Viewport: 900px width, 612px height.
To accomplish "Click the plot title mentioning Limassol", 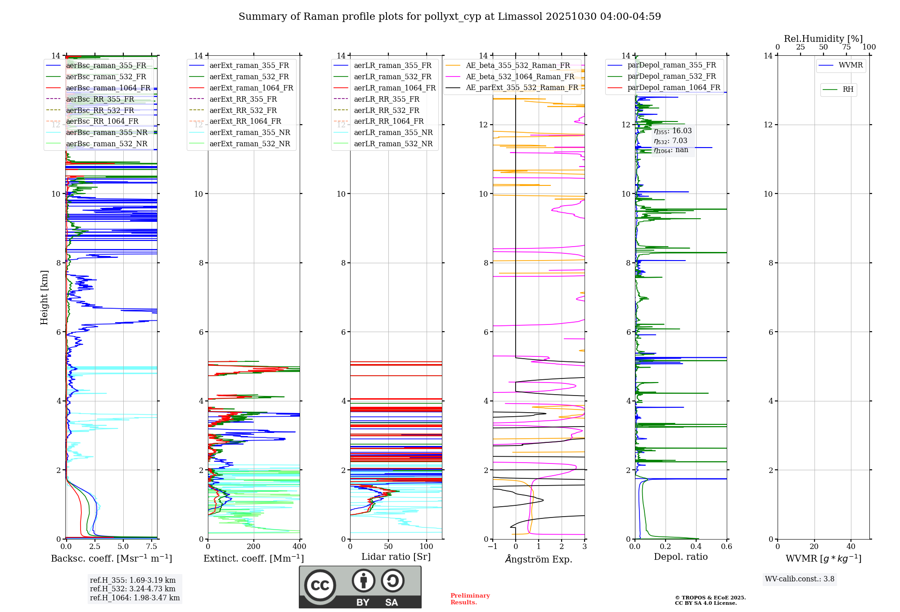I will (x=450, y=17).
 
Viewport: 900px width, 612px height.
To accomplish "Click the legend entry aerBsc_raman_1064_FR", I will (x=108, y=88).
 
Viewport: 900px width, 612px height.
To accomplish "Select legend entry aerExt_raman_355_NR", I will (x=250, y=132).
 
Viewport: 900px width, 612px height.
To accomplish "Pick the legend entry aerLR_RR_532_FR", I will (x=387, y=110).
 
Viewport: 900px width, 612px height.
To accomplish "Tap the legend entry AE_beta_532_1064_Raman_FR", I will (x=520, y=76).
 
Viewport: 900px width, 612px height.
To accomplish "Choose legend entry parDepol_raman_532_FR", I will (x=671, y=76).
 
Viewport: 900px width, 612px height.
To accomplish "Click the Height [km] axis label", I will (x=44, y=297).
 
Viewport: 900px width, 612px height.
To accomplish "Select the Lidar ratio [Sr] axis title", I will (x=396, y=557).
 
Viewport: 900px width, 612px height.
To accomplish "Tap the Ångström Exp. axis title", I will (x=539, y=559).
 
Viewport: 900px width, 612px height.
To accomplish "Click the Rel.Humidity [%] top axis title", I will (x=823, y=39).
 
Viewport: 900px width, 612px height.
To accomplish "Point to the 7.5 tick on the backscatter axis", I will (x=152, y=547).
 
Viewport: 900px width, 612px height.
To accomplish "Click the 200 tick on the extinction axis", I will (x=254, y=547).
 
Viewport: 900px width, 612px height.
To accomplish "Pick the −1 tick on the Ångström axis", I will (x=493, y=547).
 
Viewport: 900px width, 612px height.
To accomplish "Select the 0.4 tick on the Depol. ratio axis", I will (x=696, y=547).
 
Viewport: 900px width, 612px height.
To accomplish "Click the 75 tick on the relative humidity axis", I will (x=846, y=47).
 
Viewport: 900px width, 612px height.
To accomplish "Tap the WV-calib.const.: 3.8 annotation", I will (x=800, y=579).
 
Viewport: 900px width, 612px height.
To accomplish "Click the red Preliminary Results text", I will (x=470, y=598).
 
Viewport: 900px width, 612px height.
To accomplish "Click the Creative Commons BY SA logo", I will (x=360, y=587).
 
